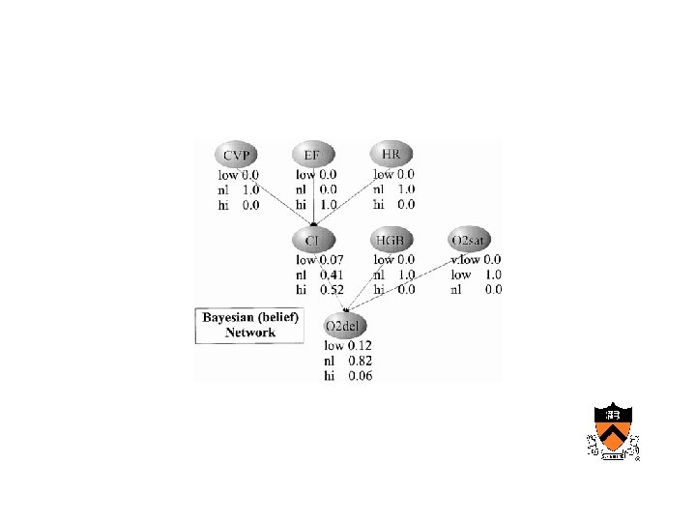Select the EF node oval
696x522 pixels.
(313, 155)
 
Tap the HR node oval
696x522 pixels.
(392, 154)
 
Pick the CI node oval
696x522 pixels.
(313, 239)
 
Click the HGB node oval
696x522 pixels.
(392, 239)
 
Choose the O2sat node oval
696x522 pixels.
(471, 239)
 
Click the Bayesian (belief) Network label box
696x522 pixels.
(251, 325)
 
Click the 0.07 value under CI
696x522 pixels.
(333, 259)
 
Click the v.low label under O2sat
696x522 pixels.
(465, 259)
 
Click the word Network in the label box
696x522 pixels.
(251, 333)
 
